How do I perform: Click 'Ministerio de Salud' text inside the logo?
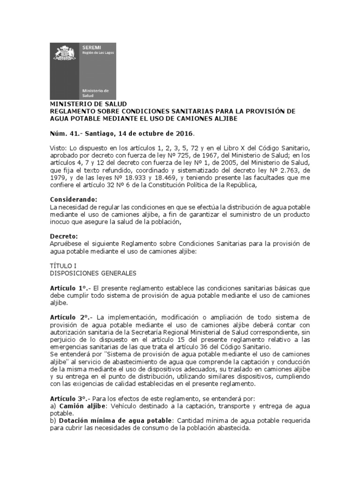click(95, 92)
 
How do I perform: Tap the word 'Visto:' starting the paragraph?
click(58, 148)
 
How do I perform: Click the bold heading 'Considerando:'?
click(74, 200)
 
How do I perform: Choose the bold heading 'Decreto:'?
click(64, 236)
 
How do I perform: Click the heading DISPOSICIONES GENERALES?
click(93, 273)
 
